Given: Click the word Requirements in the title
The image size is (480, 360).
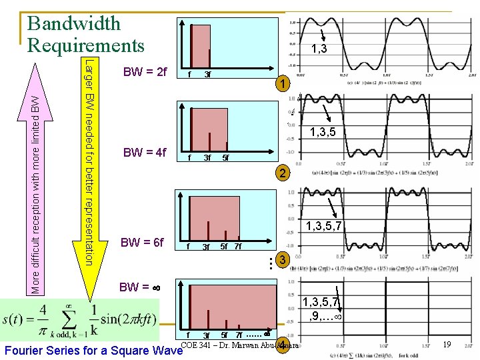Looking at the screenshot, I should pos(85,45).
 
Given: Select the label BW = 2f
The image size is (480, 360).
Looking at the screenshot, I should pos(145,71).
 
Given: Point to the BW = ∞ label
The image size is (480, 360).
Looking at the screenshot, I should pos(138,288).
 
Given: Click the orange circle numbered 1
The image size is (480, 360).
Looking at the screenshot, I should pos(283,85).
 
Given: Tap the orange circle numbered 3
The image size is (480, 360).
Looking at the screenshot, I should pos(283,261).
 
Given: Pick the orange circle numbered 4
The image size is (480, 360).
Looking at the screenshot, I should pos(283,345).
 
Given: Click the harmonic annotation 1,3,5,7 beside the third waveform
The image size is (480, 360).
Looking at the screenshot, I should pos(323,227).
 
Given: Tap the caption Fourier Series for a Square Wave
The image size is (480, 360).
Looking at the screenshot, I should pos(93,350).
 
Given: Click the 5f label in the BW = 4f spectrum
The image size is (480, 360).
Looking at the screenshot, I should pos(226,158).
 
